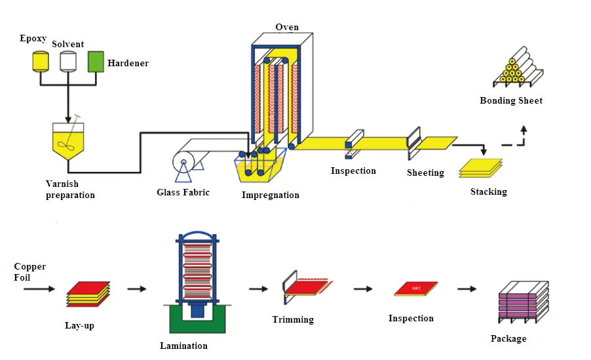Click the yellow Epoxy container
(41, 61)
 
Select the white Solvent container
(68, 61)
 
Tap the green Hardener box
(96, 61)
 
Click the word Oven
(287, 27)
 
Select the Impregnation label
(270, 195)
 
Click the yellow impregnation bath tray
(262, 168)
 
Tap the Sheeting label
(425, 173)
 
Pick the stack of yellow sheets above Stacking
(480, 168)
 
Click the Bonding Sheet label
(511, 100)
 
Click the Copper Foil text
(30, 272)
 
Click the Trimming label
(293, 319)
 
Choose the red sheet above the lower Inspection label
(415, 289)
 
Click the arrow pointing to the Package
(467, 289)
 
